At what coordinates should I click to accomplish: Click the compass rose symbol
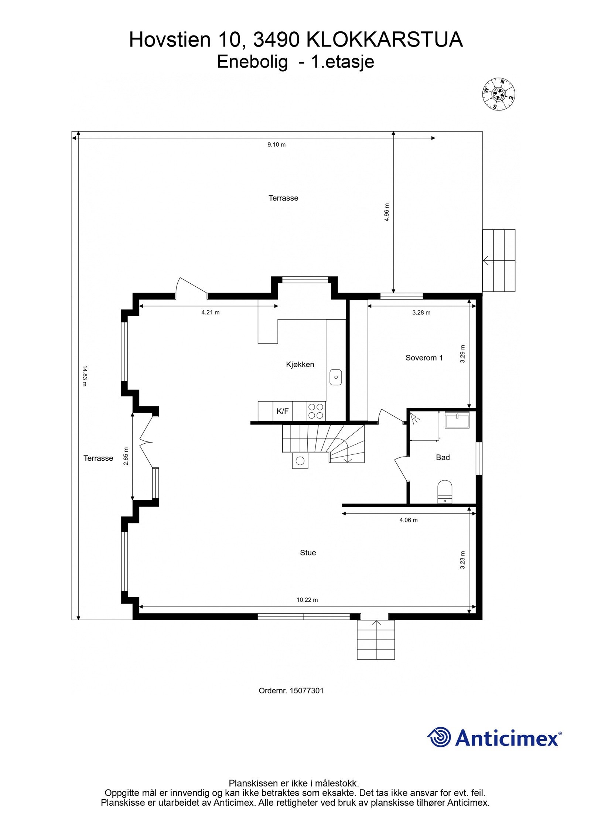tap(499, 94)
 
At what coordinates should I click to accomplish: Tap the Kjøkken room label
tap(300, 365)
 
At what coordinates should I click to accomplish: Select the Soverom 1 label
tap(424, 358)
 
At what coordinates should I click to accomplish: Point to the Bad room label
tap(443, 457)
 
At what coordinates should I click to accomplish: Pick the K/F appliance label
tap(283, 411)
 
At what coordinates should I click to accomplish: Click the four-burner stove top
tap(315, 411)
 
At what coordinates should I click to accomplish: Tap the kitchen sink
tap(336, 377)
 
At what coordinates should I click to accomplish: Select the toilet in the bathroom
tap(445, 492)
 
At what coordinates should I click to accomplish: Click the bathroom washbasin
tap(457, 420)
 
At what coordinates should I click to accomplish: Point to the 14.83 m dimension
tap(84, 376)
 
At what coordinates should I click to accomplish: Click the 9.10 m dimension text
tap(277, 145)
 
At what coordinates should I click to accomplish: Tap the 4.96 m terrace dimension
tap(387, 212)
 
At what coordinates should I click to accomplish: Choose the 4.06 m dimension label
tap(409, 520)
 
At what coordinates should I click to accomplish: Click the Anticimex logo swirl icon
tap(439, 737)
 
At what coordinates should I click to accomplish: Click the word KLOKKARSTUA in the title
tap(385, 40)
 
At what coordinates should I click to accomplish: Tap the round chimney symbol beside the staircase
tap(300, 461)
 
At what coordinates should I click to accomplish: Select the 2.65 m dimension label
tap(126, 456)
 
